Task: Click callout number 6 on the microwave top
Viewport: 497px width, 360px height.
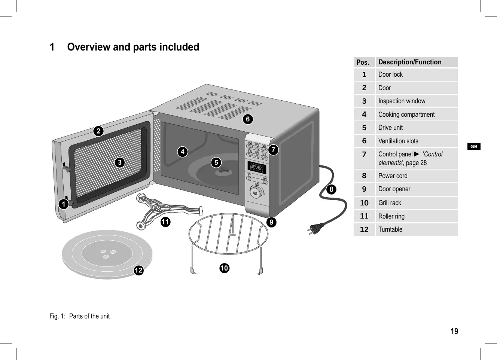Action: click(x=247, y=119)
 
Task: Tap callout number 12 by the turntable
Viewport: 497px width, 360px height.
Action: click(x=138, y=270)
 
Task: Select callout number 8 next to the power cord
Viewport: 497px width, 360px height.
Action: click(x=331, y=189)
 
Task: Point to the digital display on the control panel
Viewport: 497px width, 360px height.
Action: click(x=257, y=167)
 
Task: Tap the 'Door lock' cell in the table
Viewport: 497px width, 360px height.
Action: click(x=390, y=74)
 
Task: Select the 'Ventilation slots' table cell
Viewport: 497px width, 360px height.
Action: click(x=398, y=141)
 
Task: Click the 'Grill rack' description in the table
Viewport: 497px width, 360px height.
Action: click(x=390, y=203)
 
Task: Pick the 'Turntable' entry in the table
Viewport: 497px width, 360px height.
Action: click(x=390, y=229)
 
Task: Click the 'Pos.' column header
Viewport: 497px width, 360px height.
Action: click(x=363, y=62)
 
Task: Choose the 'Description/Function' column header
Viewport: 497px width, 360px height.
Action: click(x=410, y=62)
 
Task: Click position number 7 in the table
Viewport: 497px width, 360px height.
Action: click(x=364, y=154)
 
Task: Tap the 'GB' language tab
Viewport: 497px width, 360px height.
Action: click(x=474, y=147)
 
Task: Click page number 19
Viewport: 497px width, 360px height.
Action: click(x=454, y=331)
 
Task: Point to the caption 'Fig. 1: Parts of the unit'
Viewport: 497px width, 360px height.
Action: click(x=79, y=316)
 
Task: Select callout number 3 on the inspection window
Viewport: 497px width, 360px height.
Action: click(x=119, y=162)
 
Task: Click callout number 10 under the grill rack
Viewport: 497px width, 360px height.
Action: click(x=224, y=268)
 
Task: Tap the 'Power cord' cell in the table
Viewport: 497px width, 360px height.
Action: click(x=393, y=176)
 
